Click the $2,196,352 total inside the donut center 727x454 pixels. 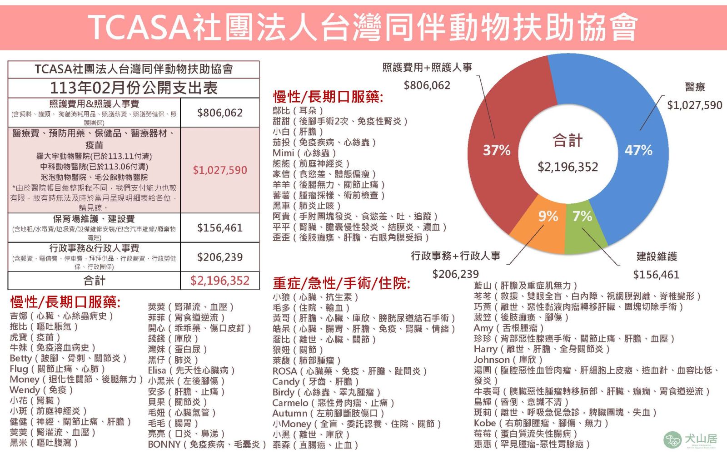pos(568,167)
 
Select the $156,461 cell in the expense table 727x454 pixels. pos(220,228)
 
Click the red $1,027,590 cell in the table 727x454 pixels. pos(220,170)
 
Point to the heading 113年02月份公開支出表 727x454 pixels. pos(134,88)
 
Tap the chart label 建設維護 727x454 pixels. pos(657,257)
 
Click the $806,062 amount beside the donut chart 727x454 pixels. pos(427,85)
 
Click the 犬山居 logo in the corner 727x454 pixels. pos(691,439)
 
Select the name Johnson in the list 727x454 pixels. pos(492,360)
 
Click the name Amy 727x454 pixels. pos(483,328)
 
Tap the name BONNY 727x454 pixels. pos(164,444)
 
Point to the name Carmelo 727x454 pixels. pos(290,403)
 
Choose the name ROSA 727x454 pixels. pos(284,371)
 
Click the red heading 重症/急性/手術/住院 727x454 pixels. pos(341,283)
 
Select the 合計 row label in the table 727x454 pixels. pos(94,281)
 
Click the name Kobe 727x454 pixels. pos(484,423)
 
